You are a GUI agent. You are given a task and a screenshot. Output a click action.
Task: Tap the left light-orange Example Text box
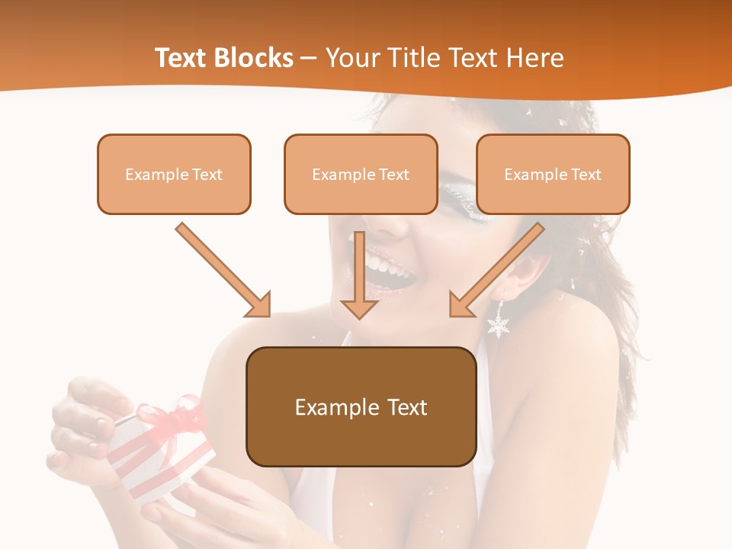[x=174, y=174]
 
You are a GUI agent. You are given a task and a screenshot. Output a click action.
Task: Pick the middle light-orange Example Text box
[x=361, y=174]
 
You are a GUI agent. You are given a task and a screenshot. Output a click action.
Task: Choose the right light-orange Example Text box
[x=553, y=174]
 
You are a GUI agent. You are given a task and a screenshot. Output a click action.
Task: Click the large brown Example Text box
[x=361, y=406]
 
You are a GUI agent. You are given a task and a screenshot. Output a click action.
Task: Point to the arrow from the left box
[x=223, y=269]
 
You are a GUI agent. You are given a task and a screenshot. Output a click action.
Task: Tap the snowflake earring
[x=499, y=322]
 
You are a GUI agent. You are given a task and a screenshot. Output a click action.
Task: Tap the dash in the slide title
[x=309, y=59]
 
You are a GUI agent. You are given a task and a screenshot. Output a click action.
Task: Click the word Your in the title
[x=352, y=58]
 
